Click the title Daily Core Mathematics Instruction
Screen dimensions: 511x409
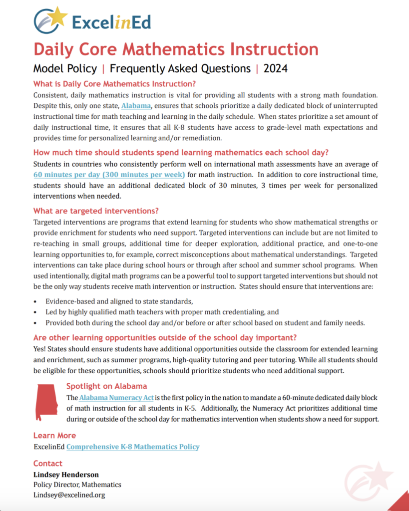tap(176, 50)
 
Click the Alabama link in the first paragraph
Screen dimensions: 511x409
tap(136, 106)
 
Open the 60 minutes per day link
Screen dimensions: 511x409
tap(109, 175)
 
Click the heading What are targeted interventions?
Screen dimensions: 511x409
tap(96, 211)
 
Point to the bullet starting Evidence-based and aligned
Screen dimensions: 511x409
tap(119, 301)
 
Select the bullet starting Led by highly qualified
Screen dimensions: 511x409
tap(162, 312)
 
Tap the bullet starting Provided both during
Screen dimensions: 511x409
tap(205, 323)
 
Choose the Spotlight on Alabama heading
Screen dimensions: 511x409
tap(106, 386)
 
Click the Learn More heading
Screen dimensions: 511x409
tap(54, 435)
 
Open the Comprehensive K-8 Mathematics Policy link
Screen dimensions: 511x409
tap(132, 447)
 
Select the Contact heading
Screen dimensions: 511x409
tap(48, 463)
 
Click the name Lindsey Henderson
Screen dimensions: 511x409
tap(66, 475)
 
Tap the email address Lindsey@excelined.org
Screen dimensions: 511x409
tap(69, 495)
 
